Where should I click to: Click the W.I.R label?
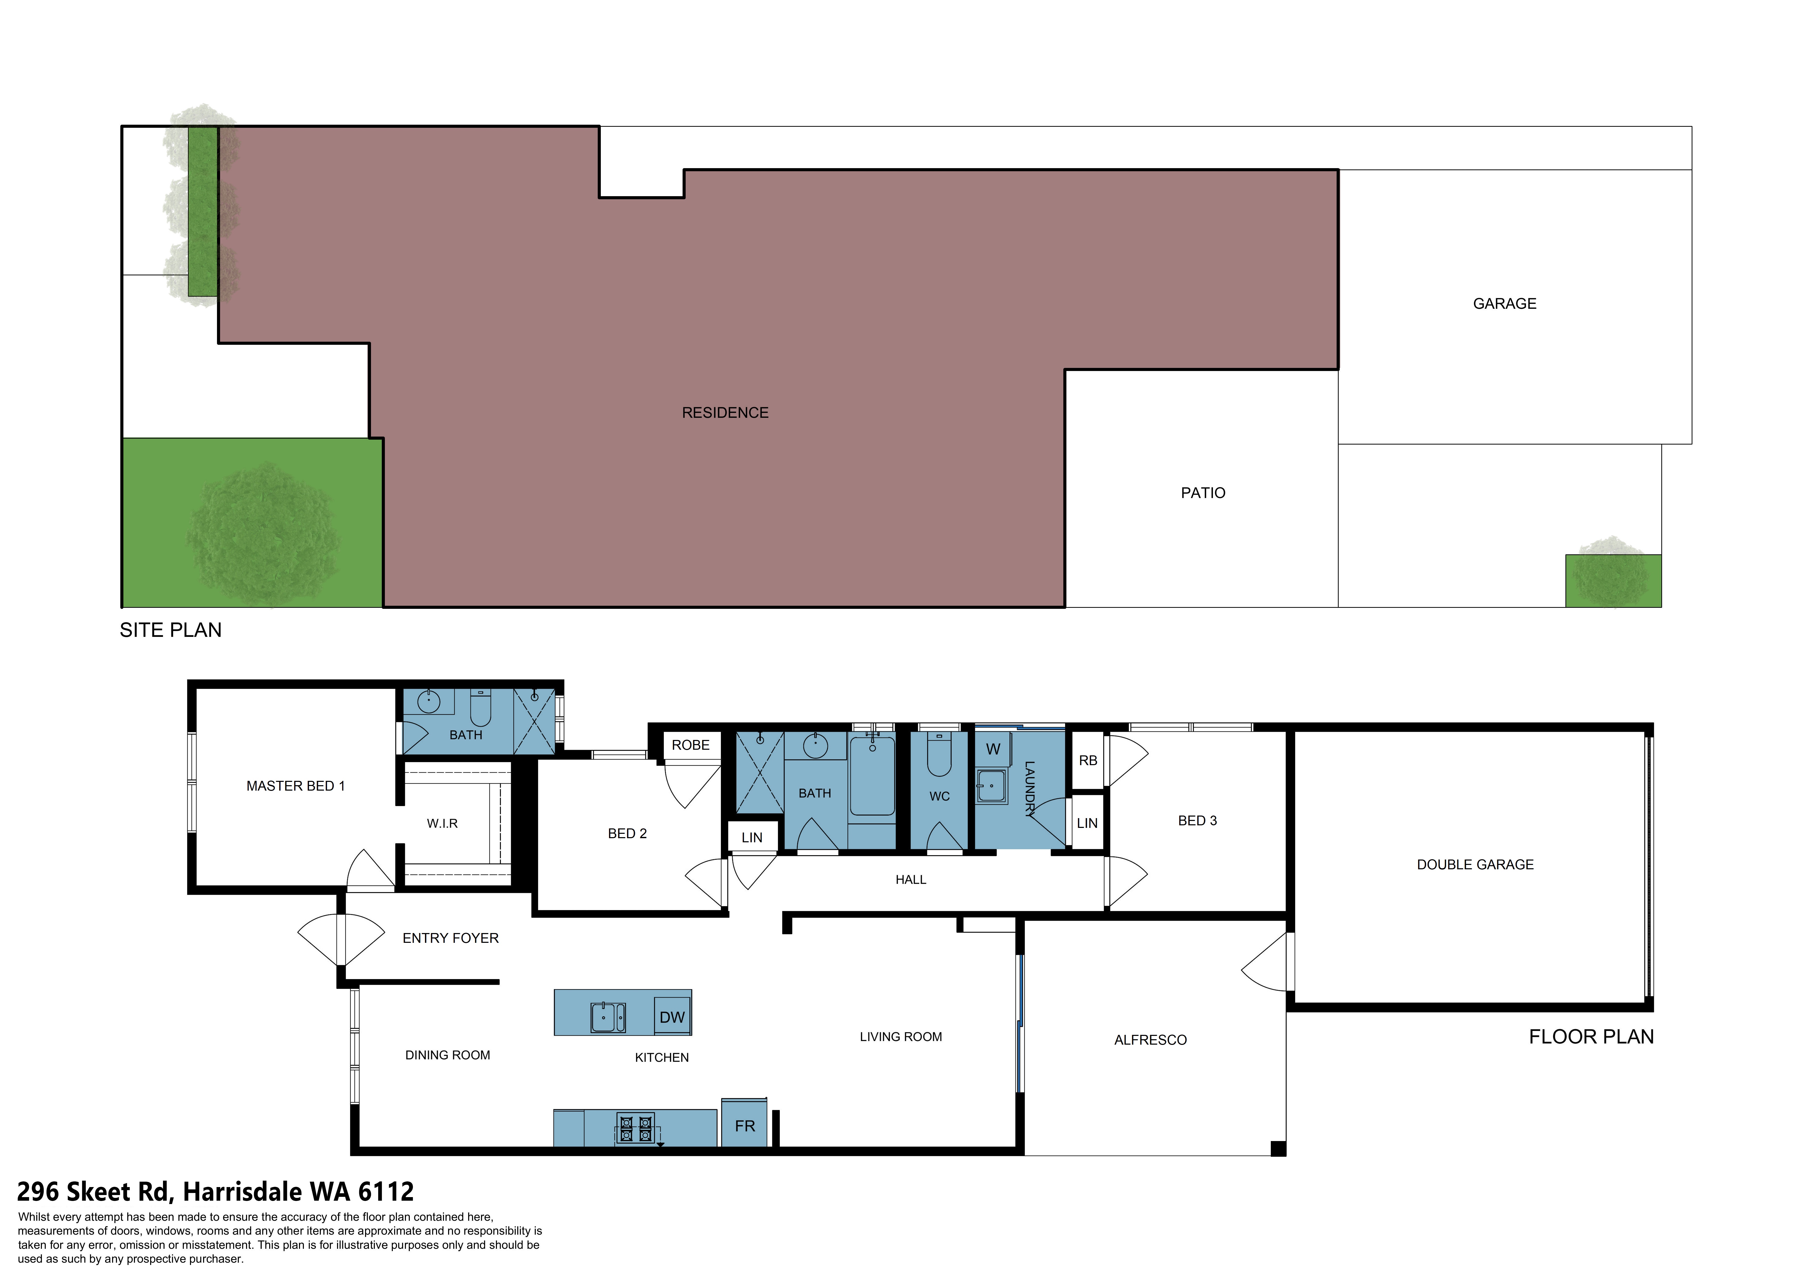coord(442,823)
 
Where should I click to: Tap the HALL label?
coord(911,880)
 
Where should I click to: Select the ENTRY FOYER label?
coord(450,938)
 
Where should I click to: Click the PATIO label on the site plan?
coord(1203,493)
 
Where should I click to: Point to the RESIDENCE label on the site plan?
coord(725,412)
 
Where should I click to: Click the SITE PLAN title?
coord(170,630)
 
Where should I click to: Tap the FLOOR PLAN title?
coord(1591,1037)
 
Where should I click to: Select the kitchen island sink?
coord(608,1017)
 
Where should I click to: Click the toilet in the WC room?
coord(940,754)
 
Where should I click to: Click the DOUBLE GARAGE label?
coord(1475,865)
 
